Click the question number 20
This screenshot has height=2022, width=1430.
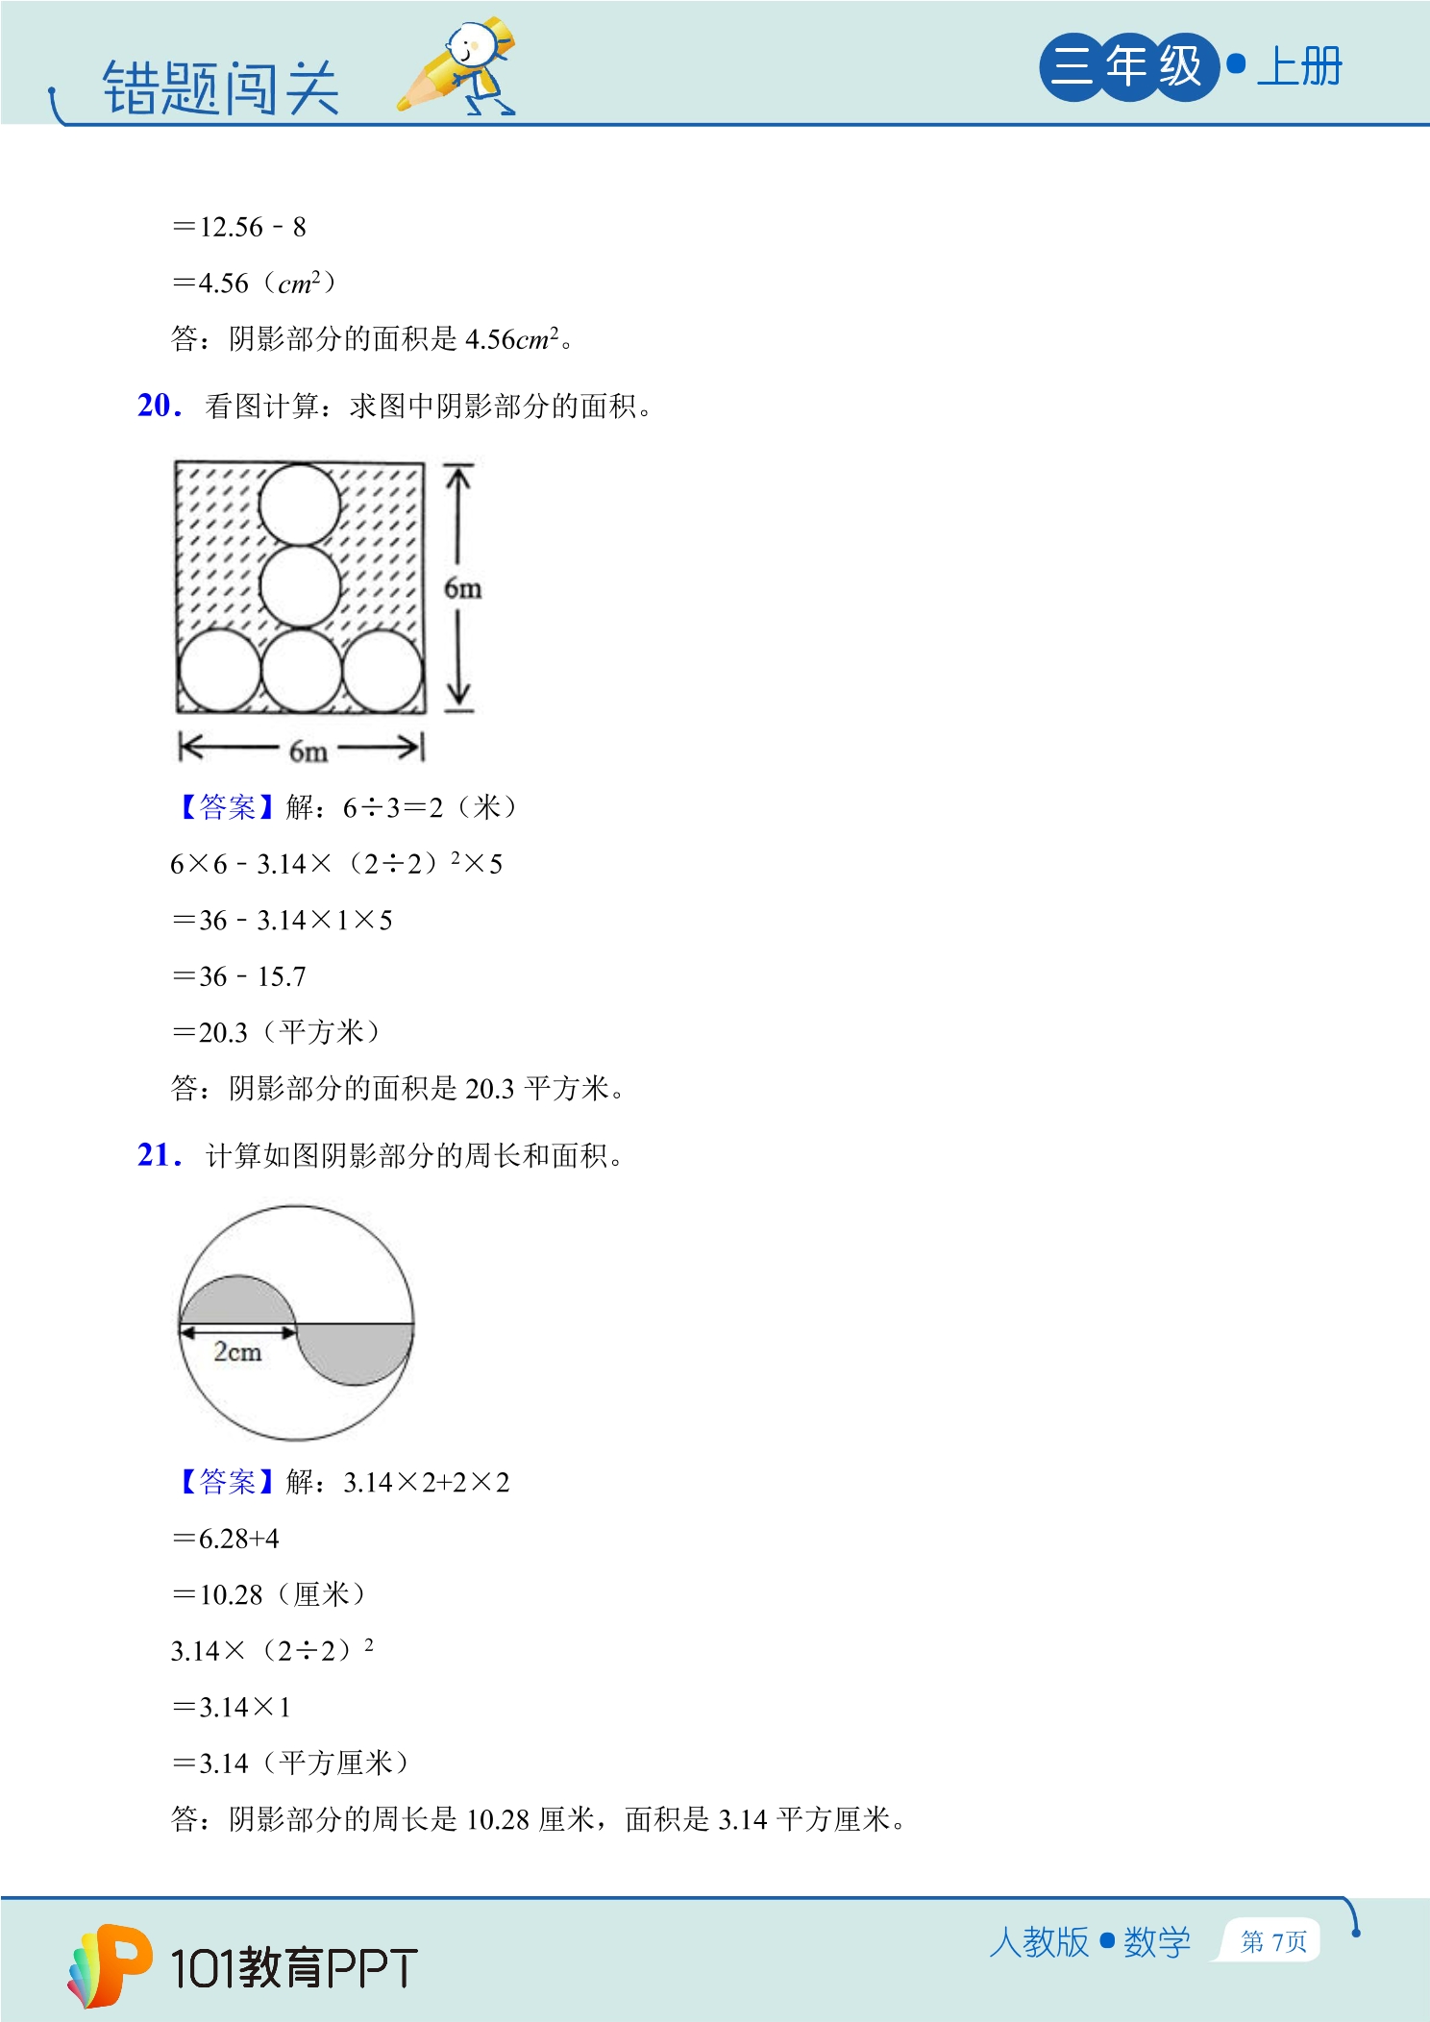[160, 406]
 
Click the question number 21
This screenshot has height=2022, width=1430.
[160, 1154]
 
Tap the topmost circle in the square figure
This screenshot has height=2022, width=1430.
[300, 505]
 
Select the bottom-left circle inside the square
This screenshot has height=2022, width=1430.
[220, 670]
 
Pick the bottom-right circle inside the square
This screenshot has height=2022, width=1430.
[382, 670]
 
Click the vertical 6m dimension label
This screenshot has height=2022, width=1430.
[462, 588]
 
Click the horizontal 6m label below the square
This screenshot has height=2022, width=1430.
[308, 751]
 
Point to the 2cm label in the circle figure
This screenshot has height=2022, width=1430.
[237, 1352]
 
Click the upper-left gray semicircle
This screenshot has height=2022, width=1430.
[238, 1301]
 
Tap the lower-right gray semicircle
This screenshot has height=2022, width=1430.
[355, 1351]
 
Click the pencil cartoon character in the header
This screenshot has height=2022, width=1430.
[458, 66]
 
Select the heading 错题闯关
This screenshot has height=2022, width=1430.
[221, 88]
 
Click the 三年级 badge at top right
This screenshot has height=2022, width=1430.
[1128, 66]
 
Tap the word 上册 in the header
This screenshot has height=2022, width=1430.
[1299, 67]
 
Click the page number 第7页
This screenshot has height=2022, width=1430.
[1273, 1942]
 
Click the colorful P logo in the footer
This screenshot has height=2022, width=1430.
[110, 1965]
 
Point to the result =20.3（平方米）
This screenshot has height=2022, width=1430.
[277, 1032]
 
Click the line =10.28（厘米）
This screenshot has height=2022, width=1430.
[269, 1594]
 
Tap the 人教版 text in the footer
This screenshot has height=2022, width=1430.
[1039, 1942]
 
